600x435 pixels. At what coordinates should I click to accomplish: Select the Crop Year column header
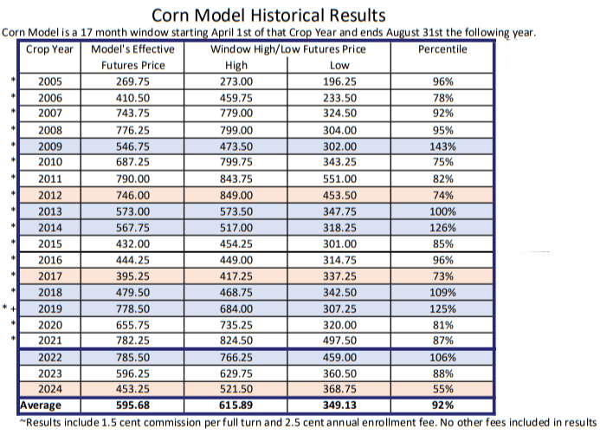coord(50,49)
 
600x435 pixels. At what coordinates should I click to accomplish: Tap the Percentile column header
coord(442,49)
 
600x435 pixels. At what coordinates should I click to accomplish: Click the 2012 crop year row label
coord(50,196)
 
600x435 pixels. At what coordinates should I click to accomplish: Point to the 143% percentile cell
coord(442,146)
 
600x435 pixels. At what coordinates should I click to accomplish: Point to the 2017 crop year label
coord(50,276)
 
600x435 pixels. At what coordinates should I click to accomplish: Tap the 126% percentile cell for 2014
coord(442,228)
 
